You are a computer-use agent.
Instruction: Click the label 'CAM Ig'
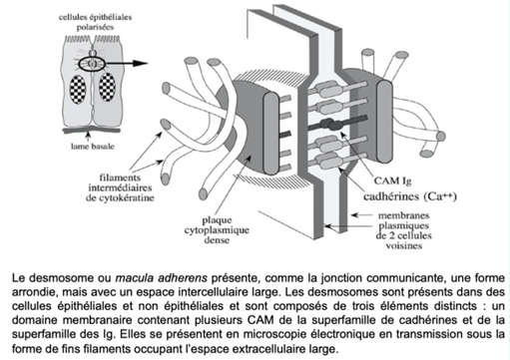392,181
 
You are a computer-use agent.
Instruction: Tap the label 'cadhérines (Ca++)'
410,196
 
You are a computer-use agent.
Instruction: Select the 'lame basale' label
92,147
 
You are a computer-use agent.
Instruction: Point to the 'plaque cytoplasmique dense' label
217,230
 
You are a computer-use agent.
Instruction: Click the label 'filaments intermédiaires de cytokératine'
120,187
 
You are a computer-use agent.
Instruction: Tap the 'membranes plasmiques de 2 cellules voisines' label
404,230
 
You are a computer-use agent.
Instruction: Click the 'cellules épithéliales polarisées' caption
95,22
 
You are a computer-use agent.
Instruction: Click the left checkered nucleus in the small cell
78,89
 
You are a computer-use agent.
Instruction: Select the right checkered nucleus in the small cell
107,87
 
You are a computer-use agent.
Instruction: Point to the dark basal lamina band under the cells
92,130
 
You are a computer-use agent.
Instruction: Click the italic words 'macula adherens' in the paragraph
161,277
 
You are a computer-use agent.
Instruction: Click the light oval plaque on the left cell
270,133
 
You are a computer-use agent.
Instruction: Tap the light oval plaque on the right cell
384,122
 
